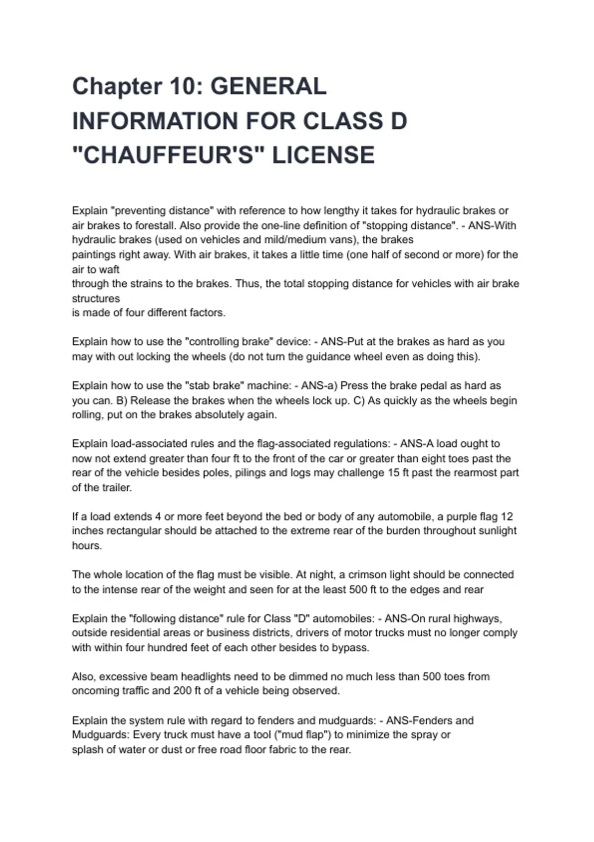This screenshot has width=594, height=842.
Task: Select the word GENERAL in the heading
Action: coord(268,87)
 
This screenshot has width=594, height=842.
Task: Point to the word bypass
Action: coord(349,648)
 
